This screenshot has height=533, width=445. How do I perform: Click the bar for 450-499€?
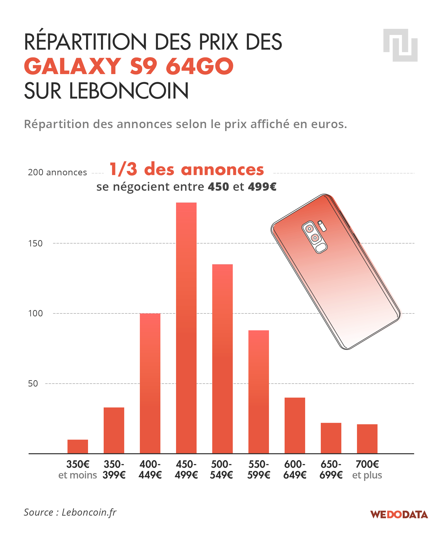pos(186,328)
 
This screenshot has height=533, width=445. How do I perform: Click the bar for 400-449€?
pos(150,383)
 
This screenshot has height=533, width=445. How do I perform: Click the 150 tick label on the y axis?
pos(35,244)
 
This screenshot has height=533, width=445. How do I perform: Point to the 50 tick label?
pos(33,384)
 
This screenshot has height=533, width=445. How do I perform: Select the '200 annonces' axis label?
pos(57,172)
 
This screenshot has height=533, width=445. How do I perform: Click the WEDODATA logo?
pos(399,514)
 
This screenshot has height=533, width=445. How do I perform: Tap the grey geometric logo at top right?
pos(400,45)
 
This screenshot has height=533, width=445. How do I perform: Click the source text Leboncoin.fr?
pos(89,512)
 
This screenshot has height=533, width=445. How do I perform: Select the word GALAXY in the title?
pos(73,66)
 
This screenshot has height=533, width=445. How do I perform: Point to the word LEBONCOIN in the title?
pos(129,91)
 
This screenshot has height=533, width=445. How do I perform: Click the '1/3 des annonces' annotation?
pos(187,169)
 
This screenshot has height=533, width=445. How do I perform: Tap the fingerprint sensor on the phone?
pos(321,248)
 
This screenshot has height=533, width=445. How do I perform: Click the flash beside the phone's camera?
pos(322,226)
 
